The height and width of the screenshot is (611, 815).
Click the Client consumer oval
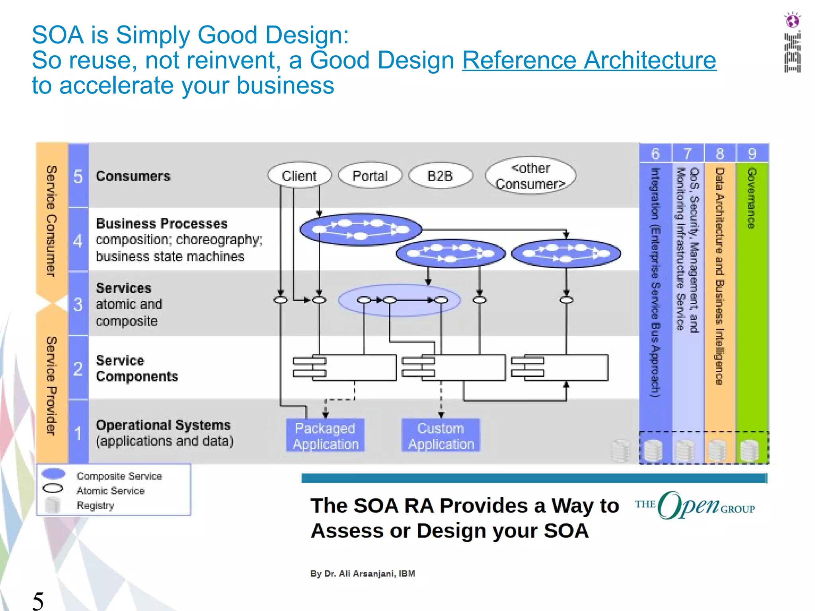pos(299,175)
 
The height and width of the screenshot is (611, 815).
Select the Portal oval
pos(370,175)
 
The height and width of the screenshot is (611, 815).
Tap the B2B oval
pos(440,175)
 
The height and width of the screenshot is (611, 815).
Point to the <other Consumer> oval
pos(530,176)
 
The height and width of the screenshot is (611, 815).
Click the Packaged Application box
pos(325,436)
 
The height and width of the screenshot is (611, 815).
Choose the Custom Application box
pos(441,436)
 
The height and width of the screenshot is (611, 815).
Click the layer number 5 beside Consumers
pos(78,176)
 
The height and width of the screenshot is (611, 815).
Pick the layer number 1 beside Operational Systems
pos(78,433)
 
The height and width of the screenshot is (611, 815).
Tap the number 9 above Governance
pos(752,154)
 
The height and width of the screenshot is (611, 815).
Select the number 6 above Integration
pos(655,154)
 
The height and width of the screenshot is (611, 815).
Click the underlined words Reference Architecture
pos(589,60)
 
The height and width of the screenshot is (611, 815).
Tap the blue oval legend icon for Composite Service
pos(53,473)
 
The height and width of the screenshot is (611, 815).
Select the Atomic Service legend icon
pos(53,488)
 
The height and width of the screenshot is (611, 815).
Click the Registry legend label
pos(95,505)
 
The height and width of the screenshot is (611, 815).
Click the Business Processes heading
pos(162,224)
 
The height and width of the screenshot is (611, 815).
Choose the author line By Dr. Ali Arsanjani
pos(363,573)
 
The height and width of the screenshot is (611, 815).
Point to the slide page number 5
pos(38,600)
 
